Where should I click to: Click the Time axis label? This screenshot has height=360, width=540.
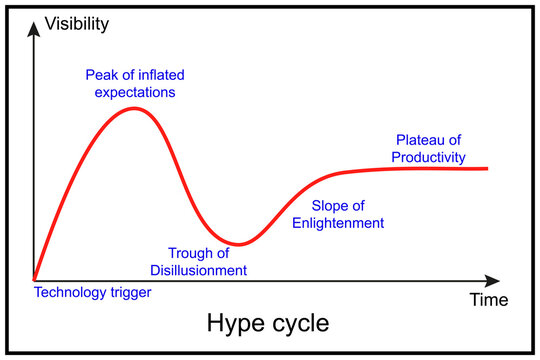489,299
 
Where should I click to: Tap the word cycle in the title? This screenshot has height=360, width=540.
300,325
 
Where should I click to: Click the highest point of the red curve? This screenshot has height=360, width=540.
135,108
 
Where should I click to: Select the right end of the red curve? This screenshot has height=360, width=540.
488,168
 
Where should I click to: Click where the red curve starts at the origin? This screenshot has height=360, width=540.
35,279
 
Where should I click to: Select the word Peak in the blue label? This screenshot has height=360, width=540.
99,75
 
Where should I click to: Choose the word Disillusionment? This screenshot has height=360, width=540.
205,269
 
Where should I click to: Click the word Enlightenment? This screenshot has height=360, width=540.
337,223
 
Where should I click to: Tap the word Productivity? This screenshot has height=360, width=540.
427,157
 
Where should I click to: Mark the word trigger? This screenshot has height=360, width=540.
132,293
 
